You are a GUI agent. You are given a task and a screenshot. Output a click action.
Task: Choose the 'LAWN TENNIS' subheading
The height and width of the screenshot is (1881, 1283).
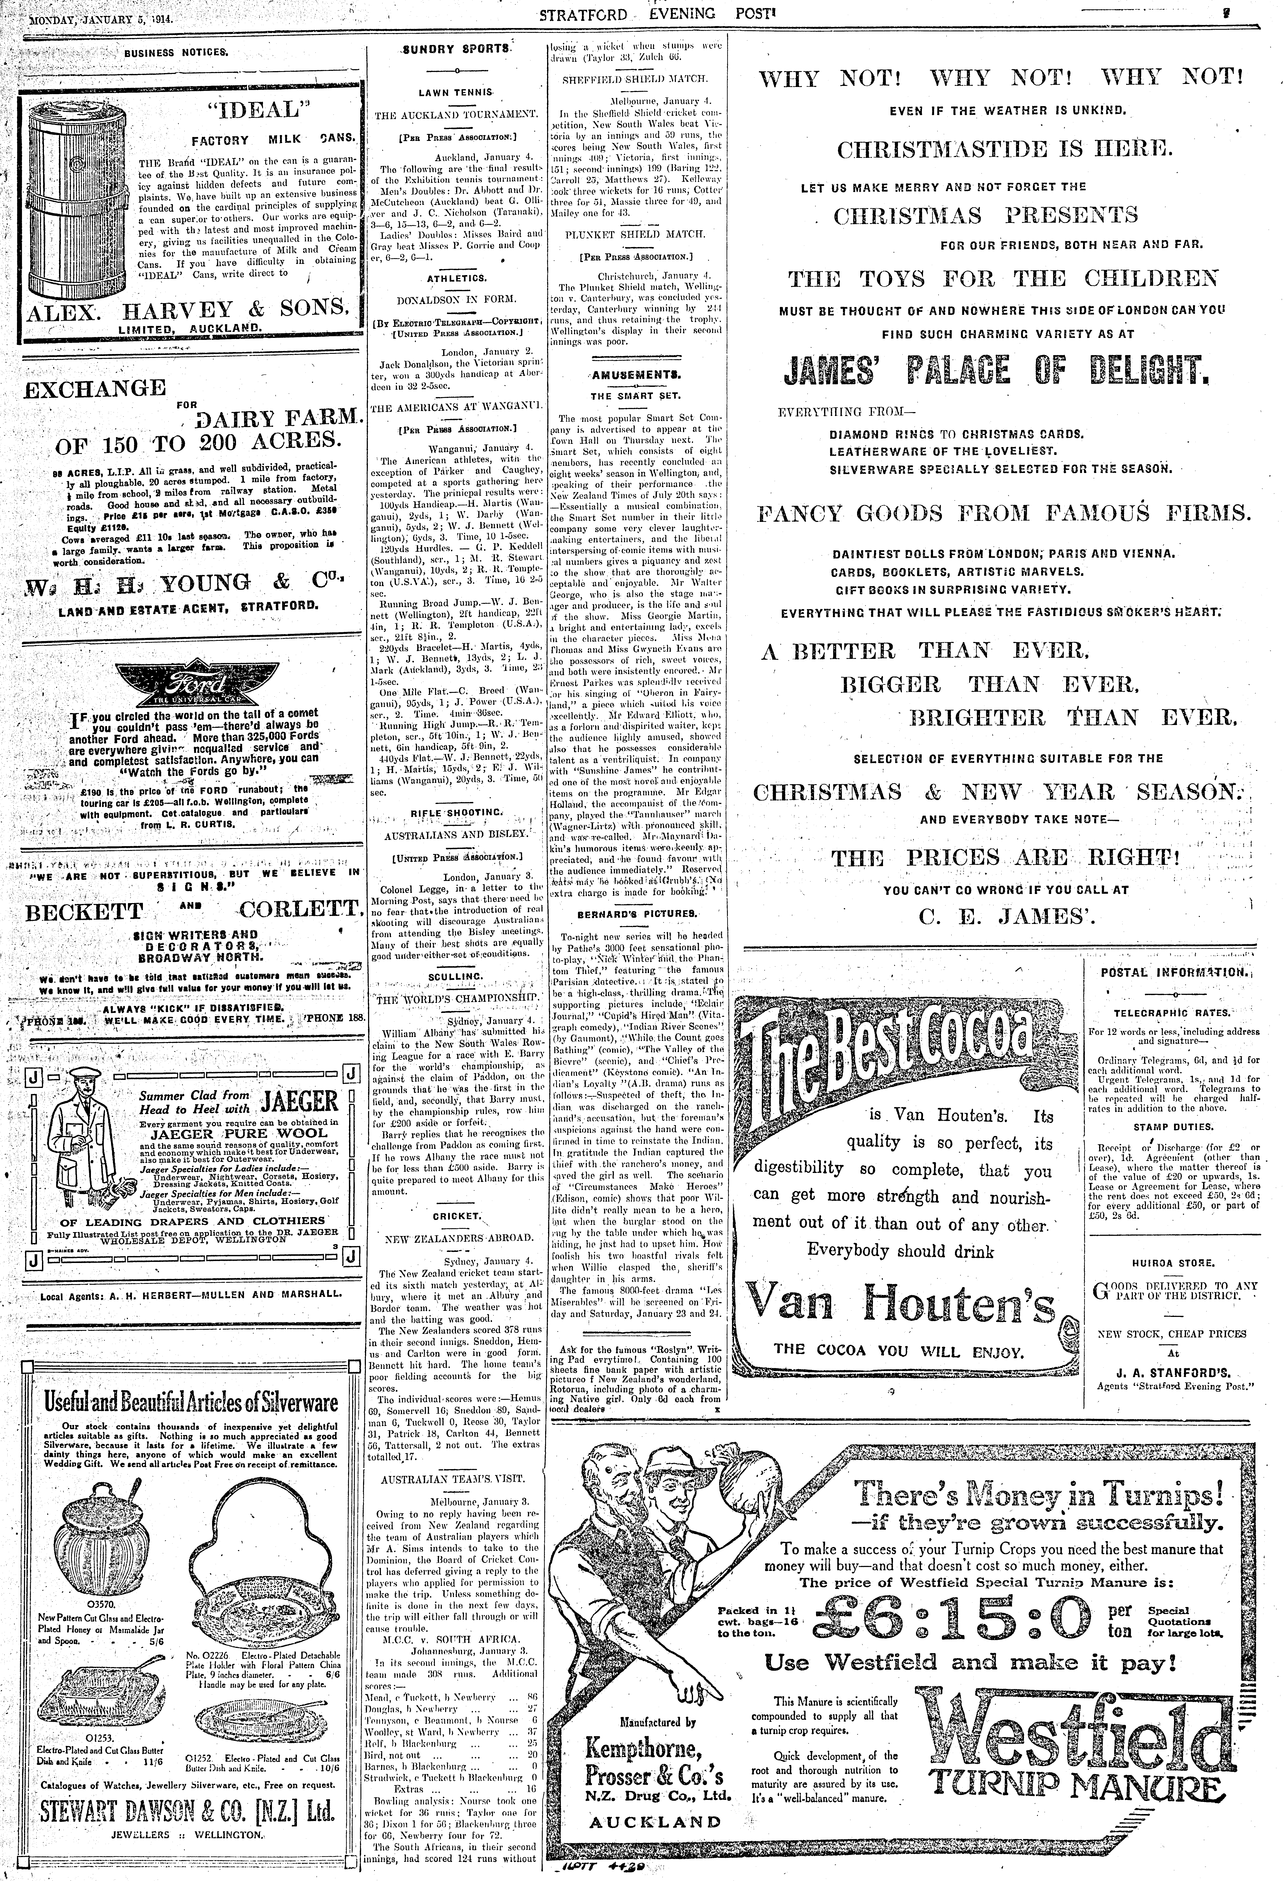click(456, 93)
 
